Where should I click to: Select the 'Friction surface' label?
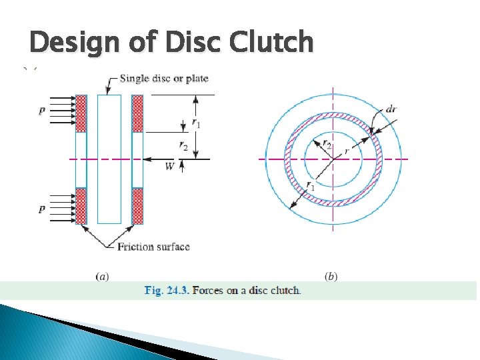[153, 247]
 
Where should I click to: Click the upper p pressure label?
[42, 111]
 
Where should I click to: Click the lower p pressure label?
[42, 209]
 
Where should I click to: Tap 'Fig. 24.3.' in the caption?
[167, 291]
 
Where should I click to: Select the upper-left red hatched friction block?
[81, 113]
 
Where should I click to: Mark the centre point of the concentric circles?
[333, 159]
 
